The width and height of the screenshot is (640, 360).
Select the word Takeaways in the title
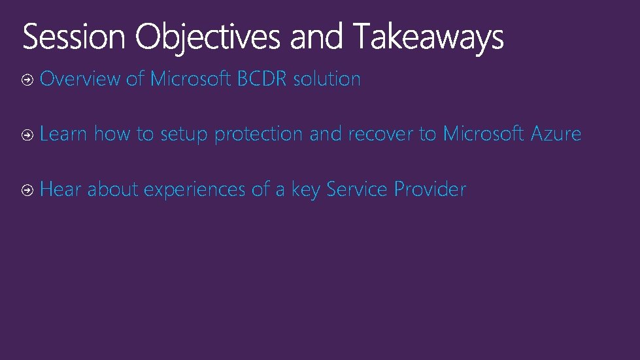tap(429, 37)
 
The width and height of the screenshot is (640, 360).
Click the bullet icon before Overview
tap(27, 80)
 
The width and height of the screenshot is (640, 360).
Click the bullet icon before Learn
tap(27, 135)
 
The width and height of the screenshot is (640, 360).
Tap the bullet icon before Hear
tap(27, 190)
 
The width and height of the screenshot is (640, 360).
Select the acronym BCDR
tap(262, 79)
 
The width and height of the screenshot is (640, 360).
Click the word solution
tap(327, 79)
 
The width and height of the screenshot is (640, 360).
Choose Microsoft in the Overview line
tap(190, 79)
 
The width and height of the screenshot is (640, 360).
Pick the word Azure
tap(556, 134)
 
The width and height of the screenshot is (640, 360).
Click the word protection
tap(258, 135)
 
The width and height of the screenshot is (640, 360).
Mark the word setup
tap(184, 135)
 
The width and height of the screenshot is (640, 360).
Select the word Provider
tap(430, 189)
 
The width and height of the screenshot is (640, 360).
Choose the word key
tap(305, 190)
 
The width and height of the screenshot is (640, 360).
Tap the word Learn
tap(63, 134)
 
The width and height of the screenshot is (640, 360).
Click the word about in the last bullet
tap(113, 189)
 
